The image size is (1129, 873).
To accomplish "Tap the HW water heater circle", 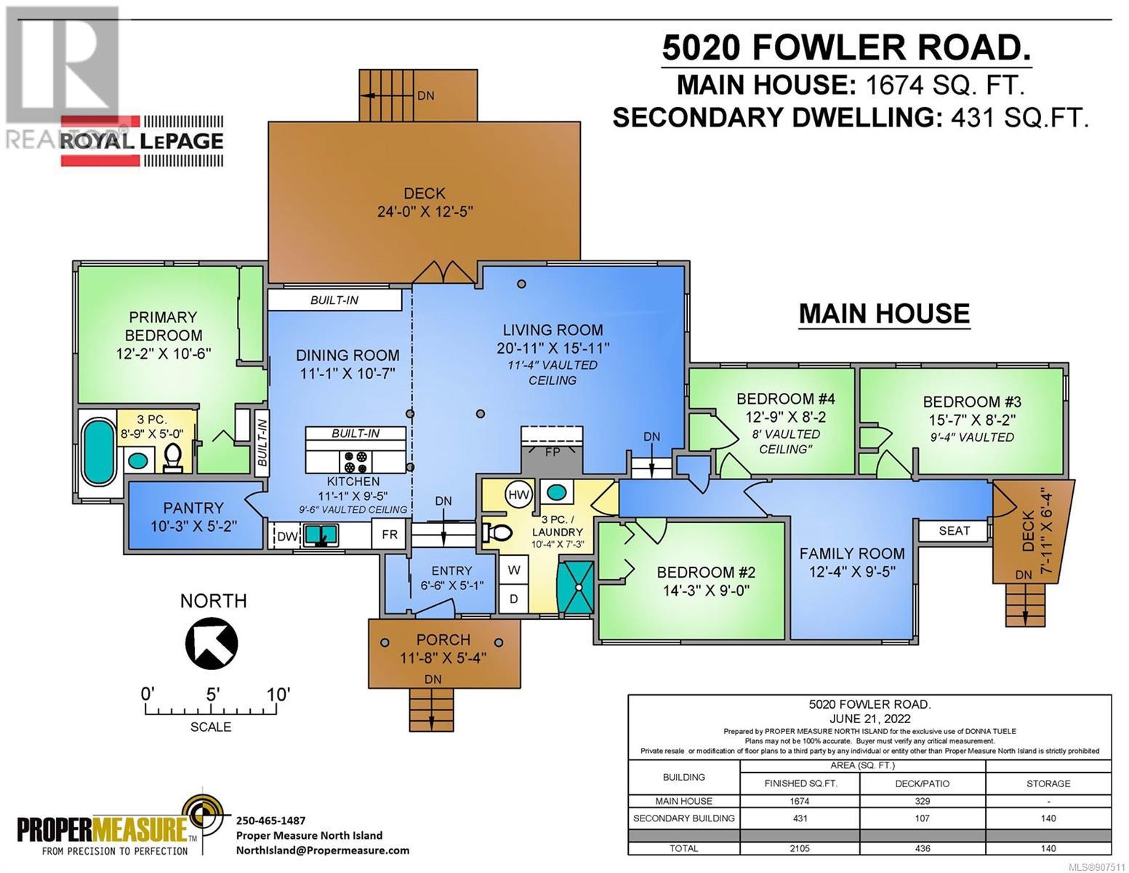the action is click(x=518, y=495).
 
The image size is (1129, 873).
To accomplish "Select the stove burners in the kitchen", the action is click(x=356, y=461).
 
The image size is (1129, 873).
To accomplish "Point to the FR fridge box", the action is click(x=390, y=535).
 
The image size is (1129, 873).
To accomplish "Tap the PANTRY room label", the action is click(x=193, y=508).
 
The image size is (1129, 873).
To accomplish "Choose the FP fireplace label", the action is click(x=553, y=452).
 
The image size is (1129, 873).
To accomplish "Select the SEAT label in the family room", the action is click(x=955, y=531).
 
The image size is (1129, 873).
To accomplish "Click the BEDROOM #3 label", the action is click(x=971, y=402).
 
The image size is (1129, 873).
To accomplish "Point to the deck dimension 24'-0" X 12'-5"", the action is click(x=425, y=212).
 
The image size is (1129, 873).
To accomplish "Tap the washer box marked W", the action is click(x=514, y=570).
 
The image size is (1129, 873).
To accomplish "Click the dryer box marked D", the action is click(x=514, y=599).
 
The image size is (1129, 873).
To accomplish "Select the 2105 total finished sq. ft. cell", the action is click(x=800, y=848).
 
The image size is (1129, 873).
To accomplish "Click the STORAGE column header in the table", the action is click(x=1048, y=783).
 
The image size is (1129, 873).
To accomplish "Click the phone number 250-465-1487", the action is click(x=270, y=821).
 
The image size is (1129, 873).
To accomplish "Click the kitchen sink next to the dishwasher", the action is click(x=321, y=535).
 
